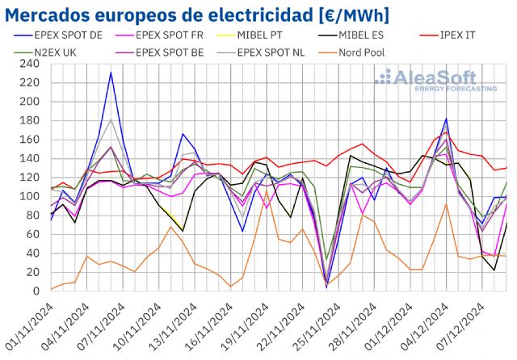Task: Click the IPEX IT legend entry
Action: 471,36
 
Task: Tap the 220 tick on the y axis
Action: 31,82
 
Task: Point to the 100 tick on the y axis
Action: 31,196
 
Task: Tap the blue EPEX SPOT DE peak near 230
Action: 111,73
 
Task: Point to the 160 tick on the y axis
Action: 31,139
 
